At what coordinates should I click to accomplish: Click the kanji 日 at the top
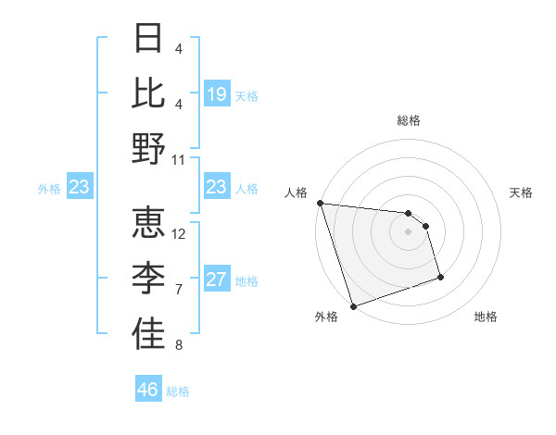pyautogui.click(x=148, y=38)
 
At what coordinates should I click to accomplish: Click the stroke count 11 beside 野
pyautogui.click(x=179, y=159)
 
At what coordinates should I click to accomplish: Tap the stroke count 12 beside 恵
pyautogui.click(x=179, y=233)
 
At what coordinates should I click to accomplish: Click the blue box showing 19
pyautogui.click(x=217, y=94)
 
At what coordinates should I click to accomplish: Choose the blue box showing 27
pyautogui.click(x=217, y=280)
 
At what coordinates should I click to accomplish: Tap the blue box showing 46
pyautogui.click(x=148, y=390)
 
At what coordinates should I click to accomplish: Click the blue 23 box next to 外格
pyautogui.click(x=80, y=188)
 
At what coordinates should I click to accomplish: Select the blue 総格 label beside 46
pyautogui.click(x=178, y=391)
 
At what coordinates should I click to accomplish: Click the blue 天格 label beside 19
pyautogui.click(x=246, y=95)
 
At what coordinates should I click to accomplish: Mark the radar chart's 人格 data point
pyautogui.click(x=320, y=203)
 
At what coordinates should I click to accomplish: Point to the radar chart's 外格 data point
pyautogui.click(x=353, y=305)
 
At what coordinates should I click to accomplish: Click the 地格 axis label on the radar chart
pyautogui.click(x=486, y=317)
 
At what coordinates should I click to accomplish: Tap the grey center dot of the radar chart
pyautogui.click(x=408, y=231)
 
